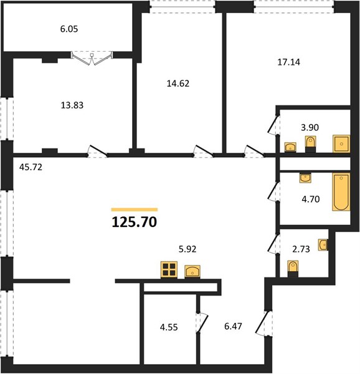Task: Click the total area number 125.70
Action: tap(135, 222)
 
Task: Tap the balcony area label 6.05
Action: tap(69, 29)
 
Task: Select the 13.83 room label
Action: tap(72, 105)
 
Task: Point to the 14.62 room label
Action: tap(178, 84)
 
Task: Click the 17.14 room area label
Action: tap(289, 62)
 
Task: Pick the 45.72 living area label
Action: tap(31, 167)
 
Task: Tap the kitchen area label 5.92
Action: tap(187, 249)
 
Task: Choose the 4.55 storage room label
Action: tap(169, 327)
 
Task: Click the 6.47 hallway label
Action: tap(233, 326)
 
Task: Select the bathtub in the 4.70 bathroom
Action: tap(341, 192)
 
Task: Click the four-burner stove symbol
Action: tap(169, 270)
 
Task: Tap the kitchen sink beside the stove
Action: tap(192, 272)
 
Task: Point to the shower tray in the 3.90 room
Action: tap(341, 144)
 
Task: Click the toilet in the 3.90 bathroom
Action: tap(310, 144)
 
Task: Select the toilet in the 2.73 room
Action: tap(293, 269)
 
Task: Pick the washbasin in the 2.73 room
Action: tap(323, 245)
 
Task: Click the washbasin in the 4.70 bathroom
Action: tap(305, 178)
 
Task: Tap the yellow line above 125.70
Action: tap(135, 209)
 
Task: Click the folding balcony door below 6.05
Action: tap(92, 58)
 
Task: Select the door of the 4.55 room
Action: tap(202, 323)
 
